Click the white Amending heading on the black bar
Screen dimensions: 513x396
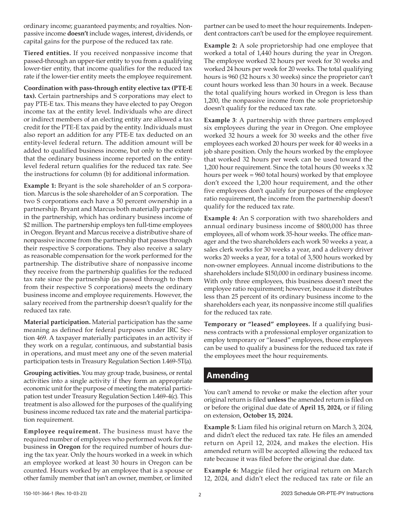pyautogui.click(x=228, y=375)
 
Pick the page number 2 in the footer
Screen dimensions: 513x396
pyautogui.click(x=200, y=495)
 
